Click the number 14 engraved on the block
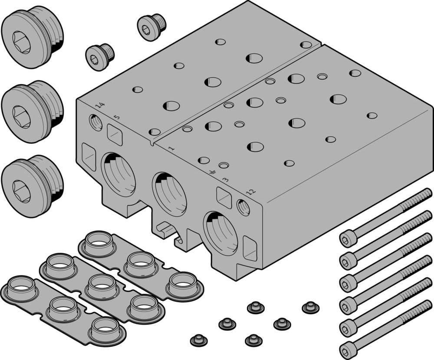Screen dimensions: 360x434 pyautogui.click(x=100, y=105)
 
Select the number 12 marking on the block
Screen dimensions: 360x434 pyautogui.click(x=251, y=191)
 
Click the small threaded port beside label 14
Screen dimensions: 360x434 pyautogui.click(x=96, y=122)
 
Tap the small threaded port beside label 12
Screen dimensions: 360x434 pyautogui.click(x=243, y=207)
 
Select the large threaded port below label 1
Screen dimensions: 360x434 pyautogui.click(x=170, y=194)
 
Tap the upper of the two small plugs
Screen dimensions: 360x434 pyautogui.click(x=151, y=27)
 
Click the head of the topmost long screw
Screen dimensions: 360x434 pyautogui.click(x=348, y=238)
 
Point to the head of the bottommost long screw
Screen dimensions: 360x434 pyautogui.click(x=348, y=349)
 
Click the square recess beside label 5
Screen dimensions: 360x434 pyautogui.click(x=115, y=135)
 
